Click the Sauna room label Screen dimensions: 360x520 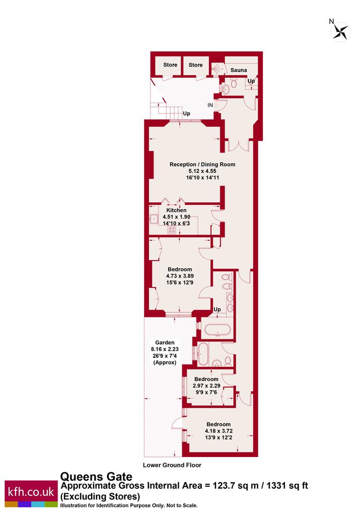239,70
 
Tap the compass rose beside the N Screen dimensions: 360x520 341,32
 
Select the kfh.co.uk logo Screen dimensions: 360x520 31,493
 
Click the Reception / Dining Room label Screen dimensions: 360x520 202,164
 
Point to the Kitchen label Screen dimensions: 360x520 176,210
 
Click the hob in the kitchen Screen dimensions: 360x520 172,230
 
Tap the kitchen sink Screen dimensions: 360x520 154,218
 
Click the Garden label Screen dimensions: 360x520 165,343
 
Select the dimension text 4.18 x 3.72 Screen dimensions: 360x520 219,431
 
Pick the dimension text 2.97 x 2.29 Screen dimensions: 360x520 206,386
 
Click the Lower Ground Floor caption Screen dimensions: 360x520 172,465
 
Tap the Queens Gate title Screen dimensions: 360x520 96,477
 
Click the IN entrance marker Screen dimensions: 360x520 210,105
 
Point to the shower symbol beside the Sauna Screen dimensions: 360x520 218,68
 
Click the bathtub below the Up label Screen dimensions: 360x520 218,330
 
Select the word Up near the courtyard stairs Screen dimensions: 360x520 186,113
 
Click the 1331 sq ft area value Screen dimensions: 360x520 287,486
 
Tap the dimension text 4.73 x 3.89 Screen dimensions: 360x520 180,276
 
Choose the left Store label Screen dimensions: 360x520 170,65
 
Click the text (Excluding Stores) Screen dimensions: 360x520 100,496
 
